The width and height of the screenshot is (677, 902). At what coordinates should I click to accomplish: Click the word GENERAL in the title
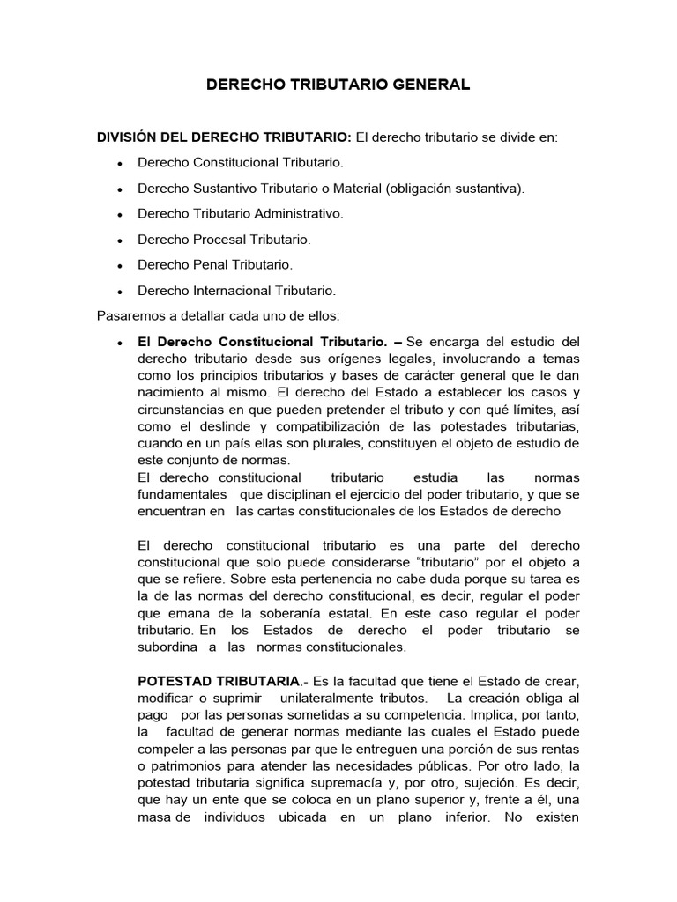(428, 85)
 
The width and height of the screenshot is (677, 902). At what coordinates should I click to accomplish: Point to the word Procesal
(221, 239)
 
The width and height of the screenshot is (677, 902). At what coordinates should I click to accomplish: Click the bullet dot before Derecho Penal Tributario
(119, 265)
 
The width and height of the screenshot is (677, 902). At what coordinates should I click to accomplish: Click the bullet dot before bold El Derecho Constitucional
(119, 342)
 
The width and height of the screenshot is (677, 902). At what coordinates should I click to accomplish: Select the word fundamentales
(181, 493)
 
